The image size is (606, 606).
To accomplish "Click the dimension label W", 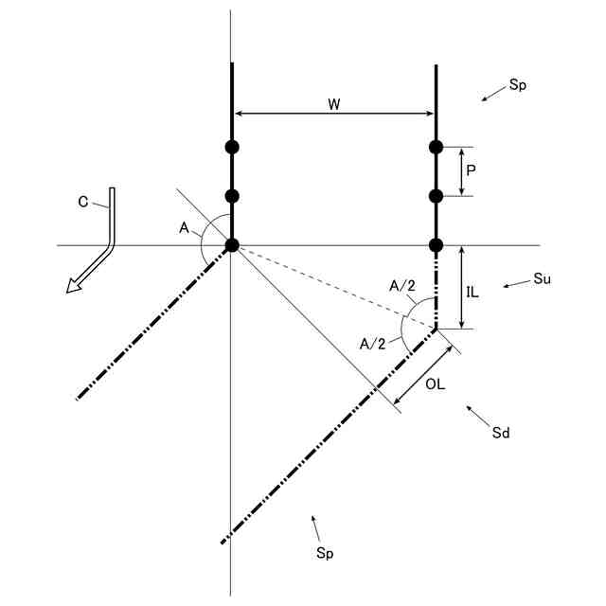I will click(334, 104).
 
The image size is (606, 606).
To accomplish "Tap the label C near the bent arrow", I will click(83, 202).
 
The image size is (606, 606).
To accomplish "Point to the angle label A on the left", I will click(184, 227).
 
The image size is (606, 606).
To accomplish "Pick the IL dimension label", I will click(472, 293).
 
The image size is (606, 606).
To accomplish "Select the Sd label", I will click(502, 433).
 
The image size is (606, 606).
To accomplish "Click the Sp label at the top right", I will click(517, 84).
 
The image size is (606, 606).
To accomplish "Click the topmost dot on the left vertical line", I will click(231, 147).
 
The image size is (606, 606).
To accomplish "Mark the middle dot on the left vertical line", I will click(231, 196).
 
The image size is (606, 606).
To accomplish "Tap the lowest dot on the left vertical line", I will click(231, 245).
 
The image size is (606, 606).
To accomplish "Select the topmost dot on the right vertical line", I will click(436, 147).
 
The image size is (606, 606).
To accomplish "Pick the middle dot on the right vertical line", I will click(436, 196).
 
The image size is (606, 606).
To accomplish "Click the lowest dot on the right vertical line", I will click(436, 245).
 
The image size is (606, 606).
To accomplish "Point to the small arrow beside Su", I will click(513, 284).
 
